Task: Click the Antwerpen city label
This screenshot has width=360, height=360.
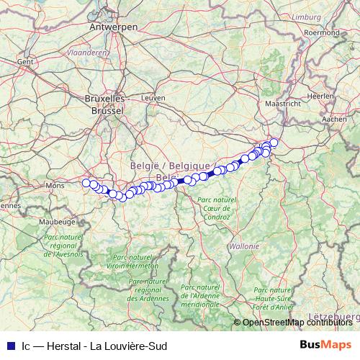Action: coord(114,27)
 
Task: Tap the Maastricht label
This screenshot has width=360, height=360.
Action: coord(282,104)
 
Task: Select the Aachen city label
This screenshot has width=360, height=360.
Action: coord(335,119)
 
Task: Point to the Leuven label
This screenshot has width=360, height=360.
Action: coord(154,97)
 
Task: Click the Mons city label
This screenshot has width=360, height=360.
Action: coord(55,186)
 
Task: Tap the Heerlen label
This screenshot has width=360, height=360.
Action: coord(320,96)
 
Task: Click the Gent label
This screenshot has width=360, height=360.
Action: coord(26,63)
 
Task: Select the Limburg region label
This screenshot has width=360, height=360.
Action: coord(307,16)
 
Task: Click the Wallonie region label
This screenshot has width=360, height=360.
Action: coord(243,246)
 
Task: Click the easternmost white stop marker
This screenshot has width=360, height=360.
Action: coord(274,142)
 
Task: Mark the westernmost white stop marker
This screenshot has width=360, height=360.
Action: coord(86,183)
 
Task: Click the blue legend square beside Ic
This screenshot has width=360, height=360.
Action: coord(9,345)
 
